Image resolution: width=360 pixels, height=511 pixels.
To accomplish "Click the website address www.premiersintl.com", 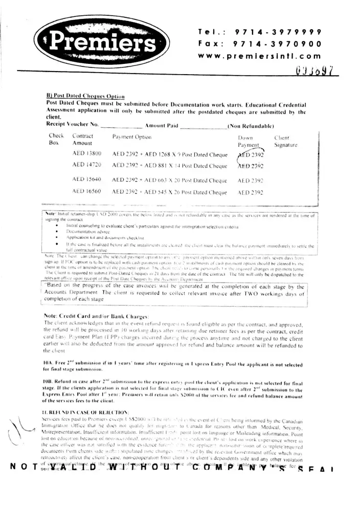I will [260, 57].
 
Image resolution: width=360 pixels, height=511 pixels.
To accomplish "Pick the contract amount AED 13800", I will [87, 153].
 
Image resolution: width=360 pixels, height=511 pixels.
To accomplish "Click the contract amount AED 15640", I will [87, 180].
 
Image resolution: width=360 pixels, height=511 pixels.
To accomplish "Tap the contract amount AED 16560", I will [87, 192].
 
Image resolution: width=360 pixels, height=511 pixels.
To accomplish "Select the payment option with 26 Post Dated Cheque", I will [169, 192].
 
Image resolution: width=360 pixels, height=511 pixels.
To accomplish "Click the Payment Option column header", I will [131, 137].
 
